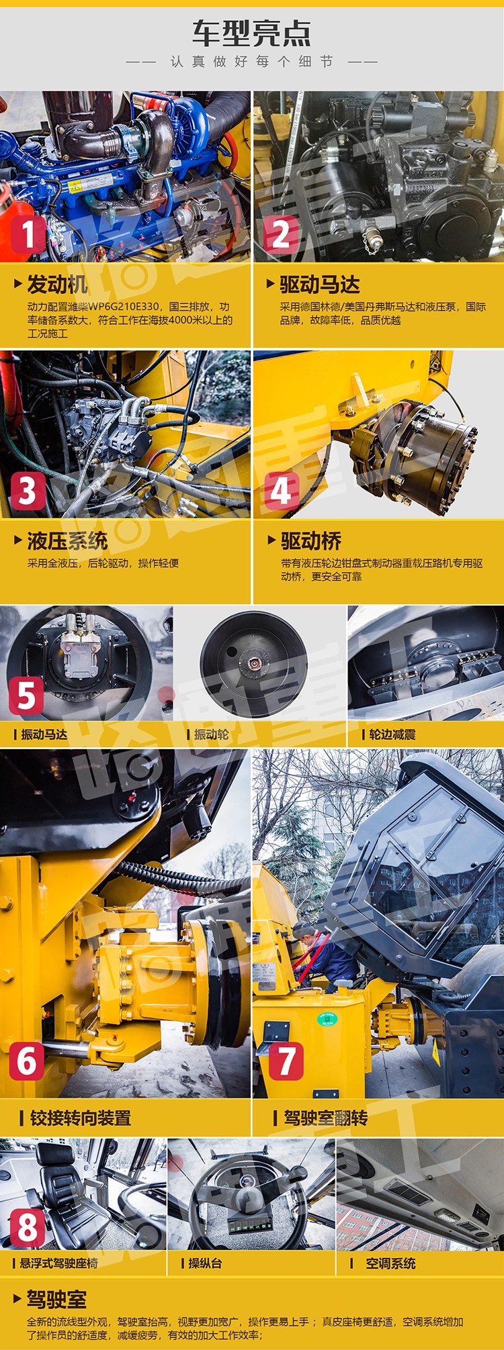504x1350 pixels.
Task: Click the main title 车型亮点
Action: (x=251, y=33)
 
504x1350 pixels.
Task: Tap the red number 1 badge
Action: (x=28, y=234)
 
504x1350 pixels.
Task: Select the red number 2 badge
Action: (x=281, y=234)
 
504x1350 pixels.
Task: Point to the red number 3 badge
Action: (x=28, y=491)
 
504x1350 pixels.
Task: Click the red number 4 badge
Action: (x=281, y=491)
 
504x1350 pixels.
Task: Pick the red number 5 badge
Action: (x=26, y=695)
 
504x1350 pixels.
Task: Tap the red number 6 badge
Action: (x=27, y=1061)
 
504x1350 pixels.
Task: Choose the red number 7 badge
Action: (x=286, y=1061)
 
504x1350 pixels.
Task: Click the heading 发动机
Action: (x=57, y=285)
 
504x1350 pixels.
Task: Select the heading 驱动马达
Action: (x=320, y=285)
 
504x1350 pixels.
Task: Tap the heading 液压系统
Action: (x=67, y=541)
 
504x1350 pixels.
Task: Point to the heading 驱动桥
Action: (x=311, y=541)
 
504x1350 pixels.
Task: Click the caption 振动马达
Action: (x=44, y=734)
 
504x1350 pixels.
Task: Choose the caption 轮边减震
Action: (x=392, y=734)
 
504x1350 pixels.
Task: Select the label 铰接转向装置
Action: (x=81, y=1118)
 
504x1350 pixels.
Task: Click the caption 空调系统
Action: (x=390, y=1263)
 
